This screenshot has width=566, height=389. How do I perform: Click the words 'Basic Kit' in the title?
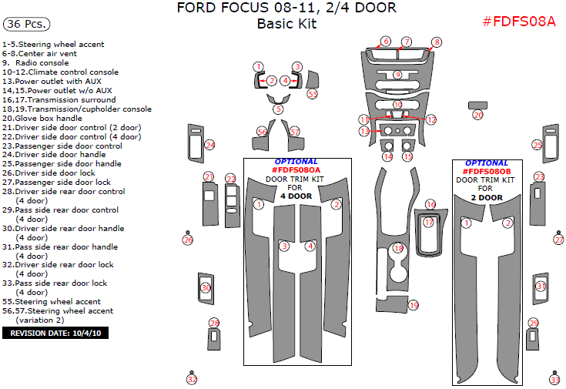pyautogui.click(x=286, y=24)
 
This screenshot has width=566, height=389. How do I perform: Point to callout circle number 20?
pyautogui.click(x=477, y=115)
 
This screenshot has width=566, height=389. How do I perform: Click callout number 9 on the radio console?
pyautogui.click(x=397, y=75)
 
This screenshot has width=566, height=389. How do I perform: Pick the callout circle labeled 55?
pyautogui.click(x=313, y=93)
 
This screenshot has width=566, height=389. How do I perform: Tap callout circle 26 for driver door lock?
pyautogui.click(x=188, y=240)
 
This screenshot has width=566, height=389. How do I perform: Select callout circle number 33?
pyautogui.click(x=554, y=379)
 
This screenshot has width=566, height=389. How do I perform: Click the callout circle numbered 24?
pyautogui.click(x=209, y=145)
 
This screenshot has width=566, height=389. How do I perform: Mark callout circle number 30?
pyautogui.click(x=206, y=287)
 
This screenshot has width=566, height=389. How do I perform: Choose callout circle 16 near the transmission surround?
pyautogui.click(x=430, y=204)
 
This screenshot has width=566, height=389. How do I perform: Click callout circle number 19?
pyautogui.click(x=414, y=306)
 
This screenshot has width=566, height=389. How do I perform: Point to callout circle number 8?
pyautogui.click(x=437, y=42)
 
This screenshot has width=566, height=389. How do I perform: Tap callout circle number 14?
pyautogui.click(x=388, y=156)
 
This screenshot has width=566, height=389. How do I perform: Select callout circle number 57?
pyautogui.click(x=295, y=132)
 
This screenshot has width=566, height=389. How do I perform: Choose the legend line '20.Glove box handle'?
pyautogui.click(x=42, y=118)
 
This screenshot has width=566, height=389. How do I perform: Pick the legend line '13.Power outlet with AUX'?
pyautogui.click(x=51, y=81)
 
